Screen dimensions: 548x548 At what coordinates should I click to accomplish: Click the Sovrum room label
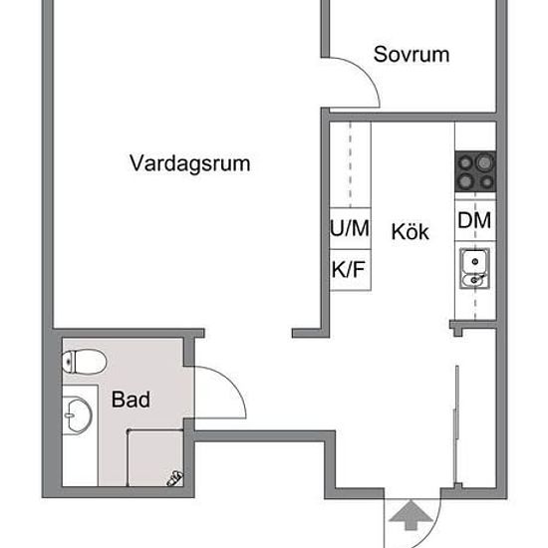point(411,54)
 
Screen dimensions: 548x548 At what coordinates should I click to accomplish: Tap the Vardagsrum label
point(190,163)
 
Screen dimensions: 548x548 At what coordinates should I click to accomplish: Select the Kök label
point(410,231)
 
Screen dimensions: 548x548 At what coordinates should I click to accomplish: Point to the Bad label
point(132,400)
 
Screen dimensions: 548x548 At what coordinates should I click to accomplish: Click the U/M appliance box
point(350,228)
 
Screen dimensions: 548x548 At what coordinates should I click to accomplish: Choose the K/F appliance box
point(350,270)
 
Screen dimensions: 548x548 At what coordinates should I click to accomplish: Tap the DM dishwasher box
point(475,220)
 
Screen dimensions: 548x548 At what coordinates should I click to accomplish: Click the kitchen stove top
point(475,171)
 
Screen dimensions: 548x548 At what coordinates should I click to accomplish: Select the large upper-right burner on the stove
point(485,162)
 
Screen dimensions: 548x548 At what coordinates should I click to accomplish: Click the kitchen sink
point(474,268)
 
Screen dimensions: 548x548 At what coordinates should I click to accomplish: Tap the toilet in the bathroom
point(85,362)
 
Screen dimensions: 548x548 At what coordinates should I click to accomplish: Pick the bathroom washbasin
point(79,415)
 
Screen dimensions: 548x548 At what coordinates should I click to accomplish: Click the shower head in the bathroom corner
point(174,478)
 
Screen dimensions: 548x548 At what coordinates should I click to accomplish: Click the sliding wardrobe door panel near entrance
point(456,424)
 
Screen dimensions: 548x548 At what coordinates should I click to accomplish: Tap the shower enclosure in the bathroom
point(155,457)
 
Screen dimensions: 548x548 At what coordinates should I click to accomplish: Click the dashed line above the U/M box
point(350,164)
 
